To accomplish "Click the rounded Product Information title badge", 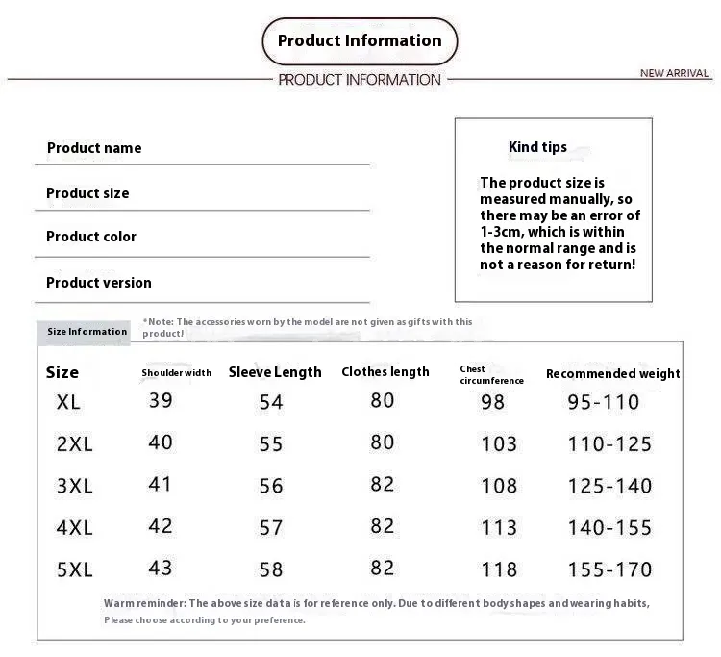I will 360,41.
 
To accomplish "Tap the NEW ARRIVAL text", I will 674,73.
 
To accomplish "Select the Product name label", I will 94,148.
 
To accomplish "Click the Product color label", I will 91,237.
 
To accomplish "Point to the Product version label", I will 99,283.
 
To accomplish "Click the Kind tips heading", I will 537,147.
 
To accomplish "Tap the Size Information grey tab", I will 87,332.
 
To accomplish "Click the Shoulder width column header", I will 176,373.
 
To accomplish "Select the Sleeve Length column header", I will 275,372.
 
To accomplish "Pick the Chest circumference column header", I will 491,375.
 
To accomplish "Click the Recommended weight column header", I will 612,373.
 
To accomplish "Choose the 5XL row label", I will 75,569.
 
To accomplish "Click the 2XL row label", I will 75,444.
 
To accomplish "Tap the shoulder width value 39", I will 161,400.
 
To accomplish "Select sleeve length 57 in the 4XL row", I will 272,527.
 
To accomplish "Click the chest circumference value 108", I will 499,486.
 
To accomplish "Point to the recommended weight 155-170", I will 609,570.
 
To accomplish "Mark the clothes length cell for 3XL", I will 383,484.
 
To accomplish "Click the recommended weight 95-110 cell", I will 603,402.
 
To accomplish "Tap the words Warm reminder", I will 143,603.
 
